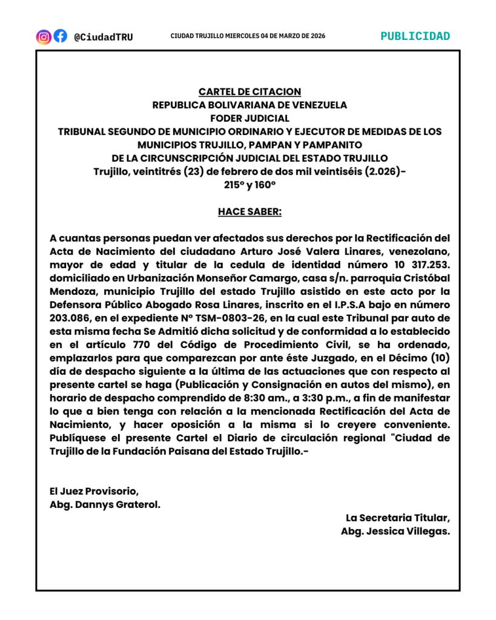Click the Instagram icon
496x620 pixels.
(x=44, y=36)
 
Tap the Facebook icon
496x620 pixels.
(x=60, y=36)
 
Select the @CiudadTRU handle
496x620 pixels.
(x=103, y=37)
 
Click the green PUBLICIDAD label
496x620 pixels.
(x=415, y=36)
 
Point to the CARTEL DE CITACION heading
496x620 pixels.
(x=250, y=92)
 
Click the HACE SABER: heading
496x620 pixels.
(x=250, y=212)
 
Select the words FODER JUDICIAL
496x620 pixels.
(x=250, y=118)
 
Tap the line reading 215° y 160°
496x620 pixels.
(x=250, y=185)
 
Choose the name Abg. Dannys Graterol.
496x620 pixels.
(x=105, y=504)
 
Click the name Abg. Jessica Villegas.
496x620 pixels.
(x=395, y=531)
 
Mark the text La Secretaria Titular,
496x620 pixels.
(x=398, y=518)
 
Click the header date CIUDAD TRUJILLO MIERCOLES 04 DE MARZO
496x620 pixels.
(x=248, y=36)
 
